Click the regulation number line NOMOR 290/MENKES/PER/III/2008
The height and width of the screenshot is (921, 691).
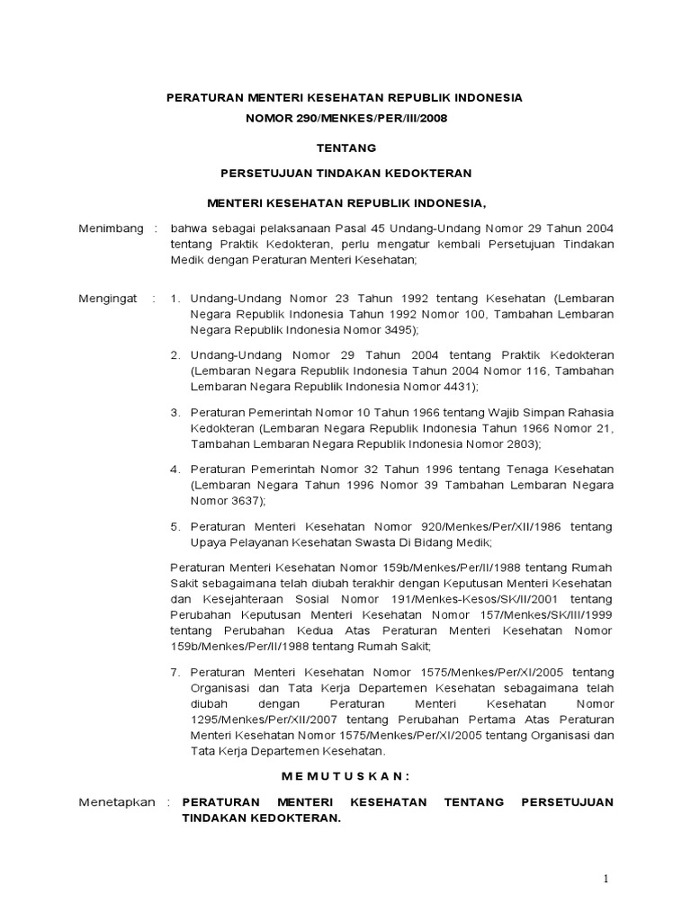tap(345, 118)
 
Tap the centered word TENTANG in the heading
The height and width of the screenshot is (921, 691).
tap(345, 147)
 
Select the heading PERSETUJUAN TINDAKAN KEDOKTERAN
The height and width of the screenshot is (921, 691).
tap(345, 173)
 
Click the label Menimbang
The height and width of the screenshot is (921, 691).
tap(111, 228)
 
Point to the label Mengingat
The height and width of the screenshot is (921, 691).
tap(108, 299)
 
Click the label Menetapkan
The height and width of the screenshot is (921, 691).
tap(116, 801)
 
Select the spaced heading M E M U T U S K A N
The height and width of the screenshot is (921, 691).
tap(345, 775)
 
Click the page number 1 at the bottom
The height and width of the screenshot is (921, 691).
tap(606, 878)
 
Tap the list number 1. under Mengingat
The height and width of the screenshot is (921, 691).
tap(175, 299)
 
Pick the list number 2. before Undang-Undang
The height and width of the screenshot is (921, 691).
tap(175, 354)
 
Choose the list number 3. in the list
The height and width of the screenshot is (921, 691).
tap(175, 411)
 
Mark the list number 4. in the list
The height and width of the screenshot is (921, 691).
tap(175, 469)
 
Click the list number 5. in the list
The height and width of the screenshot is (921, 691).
tap(175, 526)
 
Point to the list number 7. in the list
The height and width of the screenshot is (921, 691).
tap(175, 671)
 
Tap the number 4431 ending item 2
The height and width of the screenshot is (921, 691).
tap(449, 387)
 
